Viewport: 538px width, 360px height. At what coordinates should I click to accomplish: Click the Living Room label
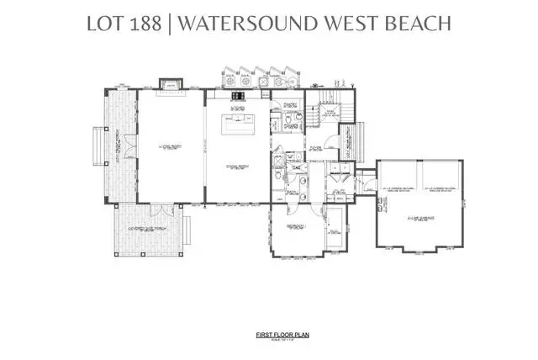(x=170, y=146)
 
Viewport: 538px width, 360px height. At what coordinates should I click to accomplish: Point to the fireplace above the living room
(x=169, y=83)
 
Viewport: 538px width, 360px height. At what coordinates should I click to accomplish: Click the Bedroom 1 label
(x=291, y=227)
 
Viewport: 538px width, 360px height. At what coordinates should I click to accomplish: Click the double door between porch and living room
(x=130, y=146)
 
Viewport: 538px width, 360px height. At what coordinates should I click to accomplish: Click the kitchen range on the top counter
(x=237, y=95)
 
